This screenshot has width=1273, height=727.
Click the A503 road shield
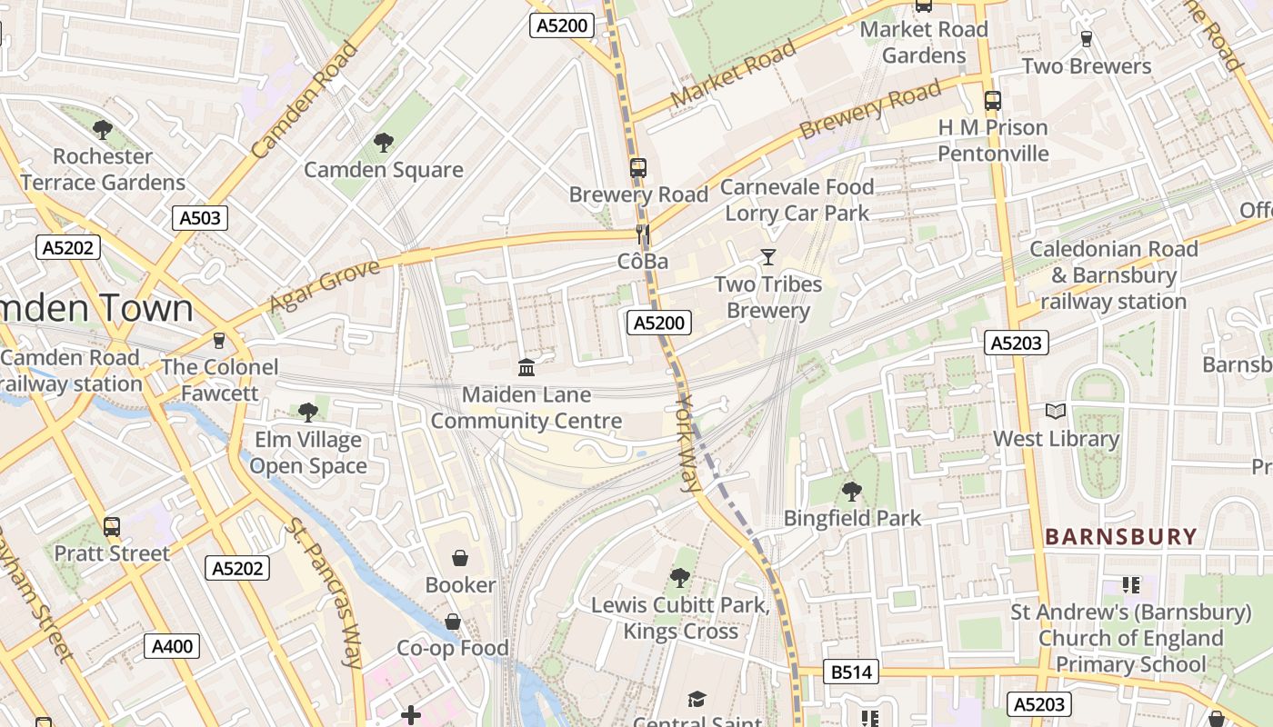[x=199, y=218]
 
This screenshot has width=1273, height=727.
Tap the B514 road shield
[x=851, y=672]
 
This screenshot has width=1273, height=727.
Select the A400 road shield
[x=171, y=647]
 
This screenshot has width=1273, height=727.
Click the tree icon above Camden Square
[x=383, y=142]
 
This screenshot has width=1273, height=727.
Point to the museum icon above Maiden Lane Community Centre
[x=526, y=367]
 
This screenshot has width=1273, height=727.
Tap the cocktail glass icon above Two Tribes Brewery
[x=768, y=257]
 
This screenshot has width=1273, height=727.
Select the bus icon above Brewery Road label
[x=638, y=167]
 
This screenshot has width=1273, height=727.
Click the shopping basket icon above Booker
[x=460, y=557]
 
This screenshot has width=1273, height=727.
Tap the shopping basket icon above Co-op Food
[x=452, y=622]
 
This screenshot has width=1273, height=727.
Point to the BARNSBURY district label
[x=1120, y=537]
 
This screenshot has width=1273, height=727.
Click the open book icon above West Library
[x=1055, y=412]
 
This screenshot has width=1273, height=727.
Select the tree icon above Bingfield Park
[x=852, y=492]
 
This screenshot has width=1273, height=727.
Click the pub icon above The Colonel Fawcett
[x=218, y=340]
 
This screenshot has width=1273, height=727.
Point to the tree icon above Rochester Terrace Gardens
[x=103, y=129]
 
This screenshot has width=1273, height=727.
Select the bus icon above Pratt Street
[x=112, y=526]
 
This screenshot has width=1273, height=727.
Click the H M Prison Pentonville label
[x=993, y=140]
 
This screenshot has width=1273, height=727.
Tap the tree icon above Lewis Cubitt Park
[x=679, y=578]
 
